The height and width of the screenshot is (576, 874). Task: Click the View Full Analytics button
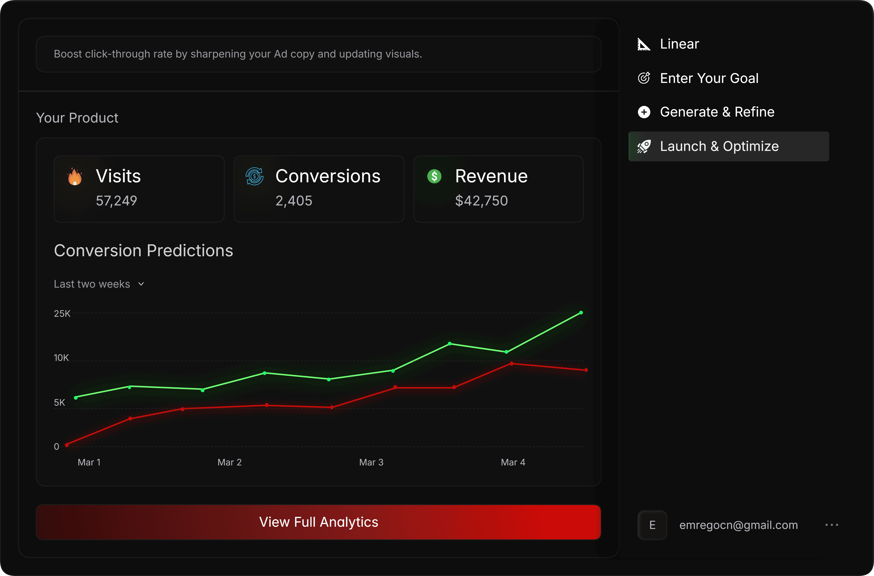pos(318,522)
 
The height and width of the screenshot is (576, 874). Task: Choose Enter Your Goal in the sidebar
pos(709,78)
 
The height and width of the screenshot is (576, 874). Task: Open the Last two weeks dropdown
pos(99,284)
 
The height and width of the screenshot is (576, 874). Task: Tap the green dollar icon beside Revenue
pos(434,176)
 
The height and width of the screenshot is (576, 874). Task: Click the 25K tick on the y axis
pos(62,314)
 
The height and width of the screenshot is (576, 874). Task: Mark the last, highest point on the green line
pos(581,313)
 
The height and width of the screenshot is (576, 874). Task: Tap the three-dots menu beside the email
pos(832,525)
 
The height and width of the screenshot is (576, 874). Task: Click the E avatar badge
pos(652,525)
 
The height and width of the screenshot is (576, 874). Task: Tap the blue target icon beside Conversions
pos(255,176)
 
